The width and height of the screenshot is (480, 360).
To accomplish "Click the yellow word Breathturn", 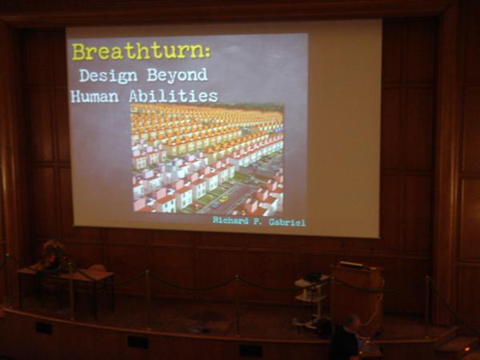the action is click(138, 52).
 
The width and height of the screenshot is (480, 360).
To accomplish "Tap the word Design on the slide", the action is click(108, 76).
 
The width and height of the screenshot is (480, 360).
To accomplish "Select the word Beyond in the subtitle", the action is click(178, 75).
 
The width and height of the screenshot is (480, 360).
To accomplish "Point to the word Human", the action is click(94, 97).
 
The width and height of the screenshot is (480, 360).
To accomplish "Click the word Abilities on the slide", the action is click(174, 96).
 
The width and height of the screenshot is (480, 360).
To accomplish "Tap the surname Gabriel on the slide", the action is click(287, 222).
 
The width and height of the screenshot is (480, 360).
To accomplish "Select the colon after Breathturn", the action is click(208, 53).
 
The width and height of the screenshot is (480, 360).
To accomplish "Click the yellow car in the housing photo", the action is click(224, 199).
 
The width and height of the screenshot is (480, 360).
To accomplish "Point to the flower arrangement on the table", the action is click(53, 253).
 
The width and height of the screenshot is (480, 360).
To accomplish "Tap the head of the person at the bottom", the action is click(351, 323).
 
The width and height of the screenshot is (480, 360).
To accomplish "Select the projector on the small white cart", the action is click(313, 277).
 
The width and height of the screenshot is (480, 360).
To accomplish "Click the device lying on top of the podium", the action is click(351, 265).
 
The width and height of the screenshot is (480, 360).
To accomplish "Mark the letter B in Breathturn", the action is click(78, 52).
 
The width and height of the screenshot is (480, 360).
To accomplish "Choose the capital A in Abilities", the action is click(134, 96).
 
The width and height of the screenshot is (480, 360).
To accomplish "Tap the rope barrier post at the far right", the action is click(427, 306).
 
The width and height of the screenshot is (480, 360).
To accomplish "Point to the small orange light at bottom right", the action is click(467, 348).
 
